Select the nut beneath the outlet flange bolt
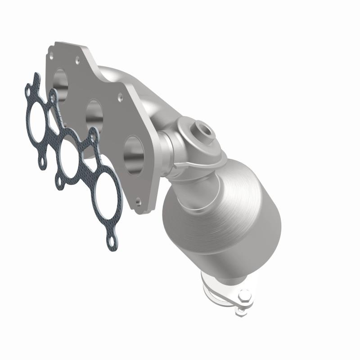pyautogui.click(x=242, y=309)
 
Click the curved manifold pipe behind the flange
pyautogui.click(x=130, y=85)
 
